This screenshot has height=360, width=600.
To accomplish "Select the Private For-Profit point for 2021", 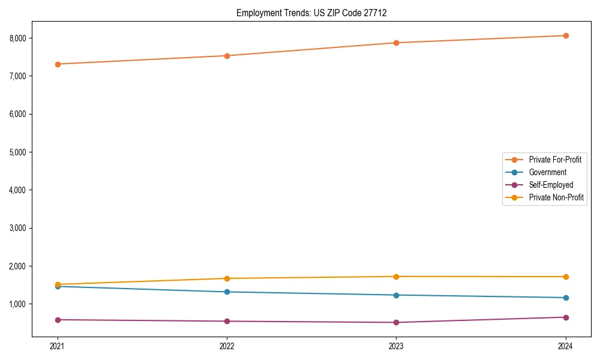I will click(x=58, y=64).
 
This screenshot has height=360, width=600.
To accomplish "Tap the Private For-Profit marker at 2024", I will click(x=566, y=35).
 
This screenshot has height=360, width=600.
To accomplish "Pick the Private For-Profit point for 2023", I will click(x=397, y=43).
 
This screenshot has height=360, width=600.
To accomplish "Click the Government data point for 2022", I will click(x=227, y=292).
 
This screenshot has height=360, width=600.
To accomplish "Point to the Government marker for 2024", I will click(x=566, y=298).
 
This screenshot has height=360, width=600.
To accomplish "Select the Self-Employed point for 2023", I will click(x=397, y=322).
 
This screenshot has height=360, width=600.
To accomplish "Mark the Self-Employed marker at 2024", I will click(x=566, y=317).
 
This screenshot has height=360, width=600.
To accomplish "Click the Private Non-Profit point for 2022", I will click(x=227, y=278).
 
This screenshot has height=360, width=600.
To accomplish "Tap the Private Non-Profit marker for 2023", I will click(x=397, y=277).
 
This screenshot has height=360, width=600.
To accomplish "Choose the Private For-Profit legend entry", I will click(x=555, y=160).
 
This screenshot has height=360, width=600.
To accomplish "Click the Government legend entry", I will click(x=547, y=172).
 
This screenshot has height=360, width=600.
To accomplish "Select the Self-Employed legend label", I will click(x=551, y=185).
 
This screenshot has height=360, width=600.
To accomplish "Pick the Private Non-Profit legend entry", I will click(x=556, y=197).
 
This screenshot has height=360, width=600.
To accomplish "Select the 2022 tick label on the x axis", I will click(x=227, y=346).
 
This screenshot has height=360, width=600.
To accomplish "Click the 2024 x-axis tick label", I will click(x=566, y=346).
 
